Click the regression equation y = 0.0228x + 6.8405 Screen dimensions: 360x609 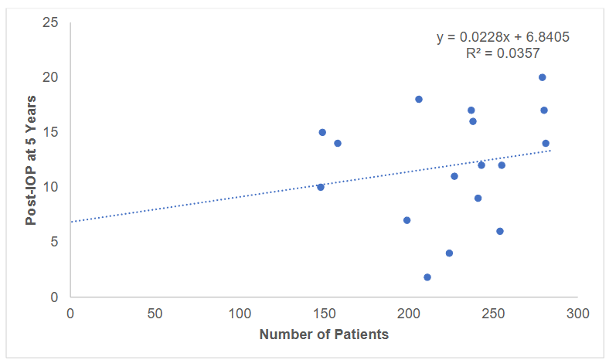point(503,37)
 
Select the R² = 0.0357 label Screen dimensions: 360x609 point(502,53)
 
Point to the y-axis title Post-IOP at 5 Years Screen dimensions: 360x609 point(31,160)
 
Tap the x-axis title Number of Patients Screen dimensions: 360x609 point(324,335)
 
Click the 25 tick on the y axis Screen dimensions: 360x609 point(52,22)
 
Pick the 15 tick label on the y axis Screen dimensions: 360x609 point(52,132)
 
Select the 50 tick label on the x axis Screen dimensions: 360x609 point(155,314)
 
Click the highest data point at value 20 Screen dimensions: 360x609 point(543,77)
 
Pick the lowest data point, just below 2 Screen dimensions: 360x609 point(427,277)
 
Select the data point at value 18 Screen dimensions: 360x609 point(419,99)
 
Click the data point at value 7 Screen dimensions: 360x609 point(407,220)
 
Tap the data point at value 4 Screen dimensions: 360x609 point(449,253)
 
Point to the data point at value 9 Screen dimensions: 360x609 point(478,199)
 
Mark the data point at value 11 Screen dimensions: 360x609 point(454,176)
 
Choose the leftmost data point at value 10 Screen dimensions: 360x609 point(321,187)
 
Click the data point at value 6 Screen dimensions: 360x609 point(500,231)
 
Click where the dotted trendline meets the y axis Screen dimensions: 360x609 point(70,222)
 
